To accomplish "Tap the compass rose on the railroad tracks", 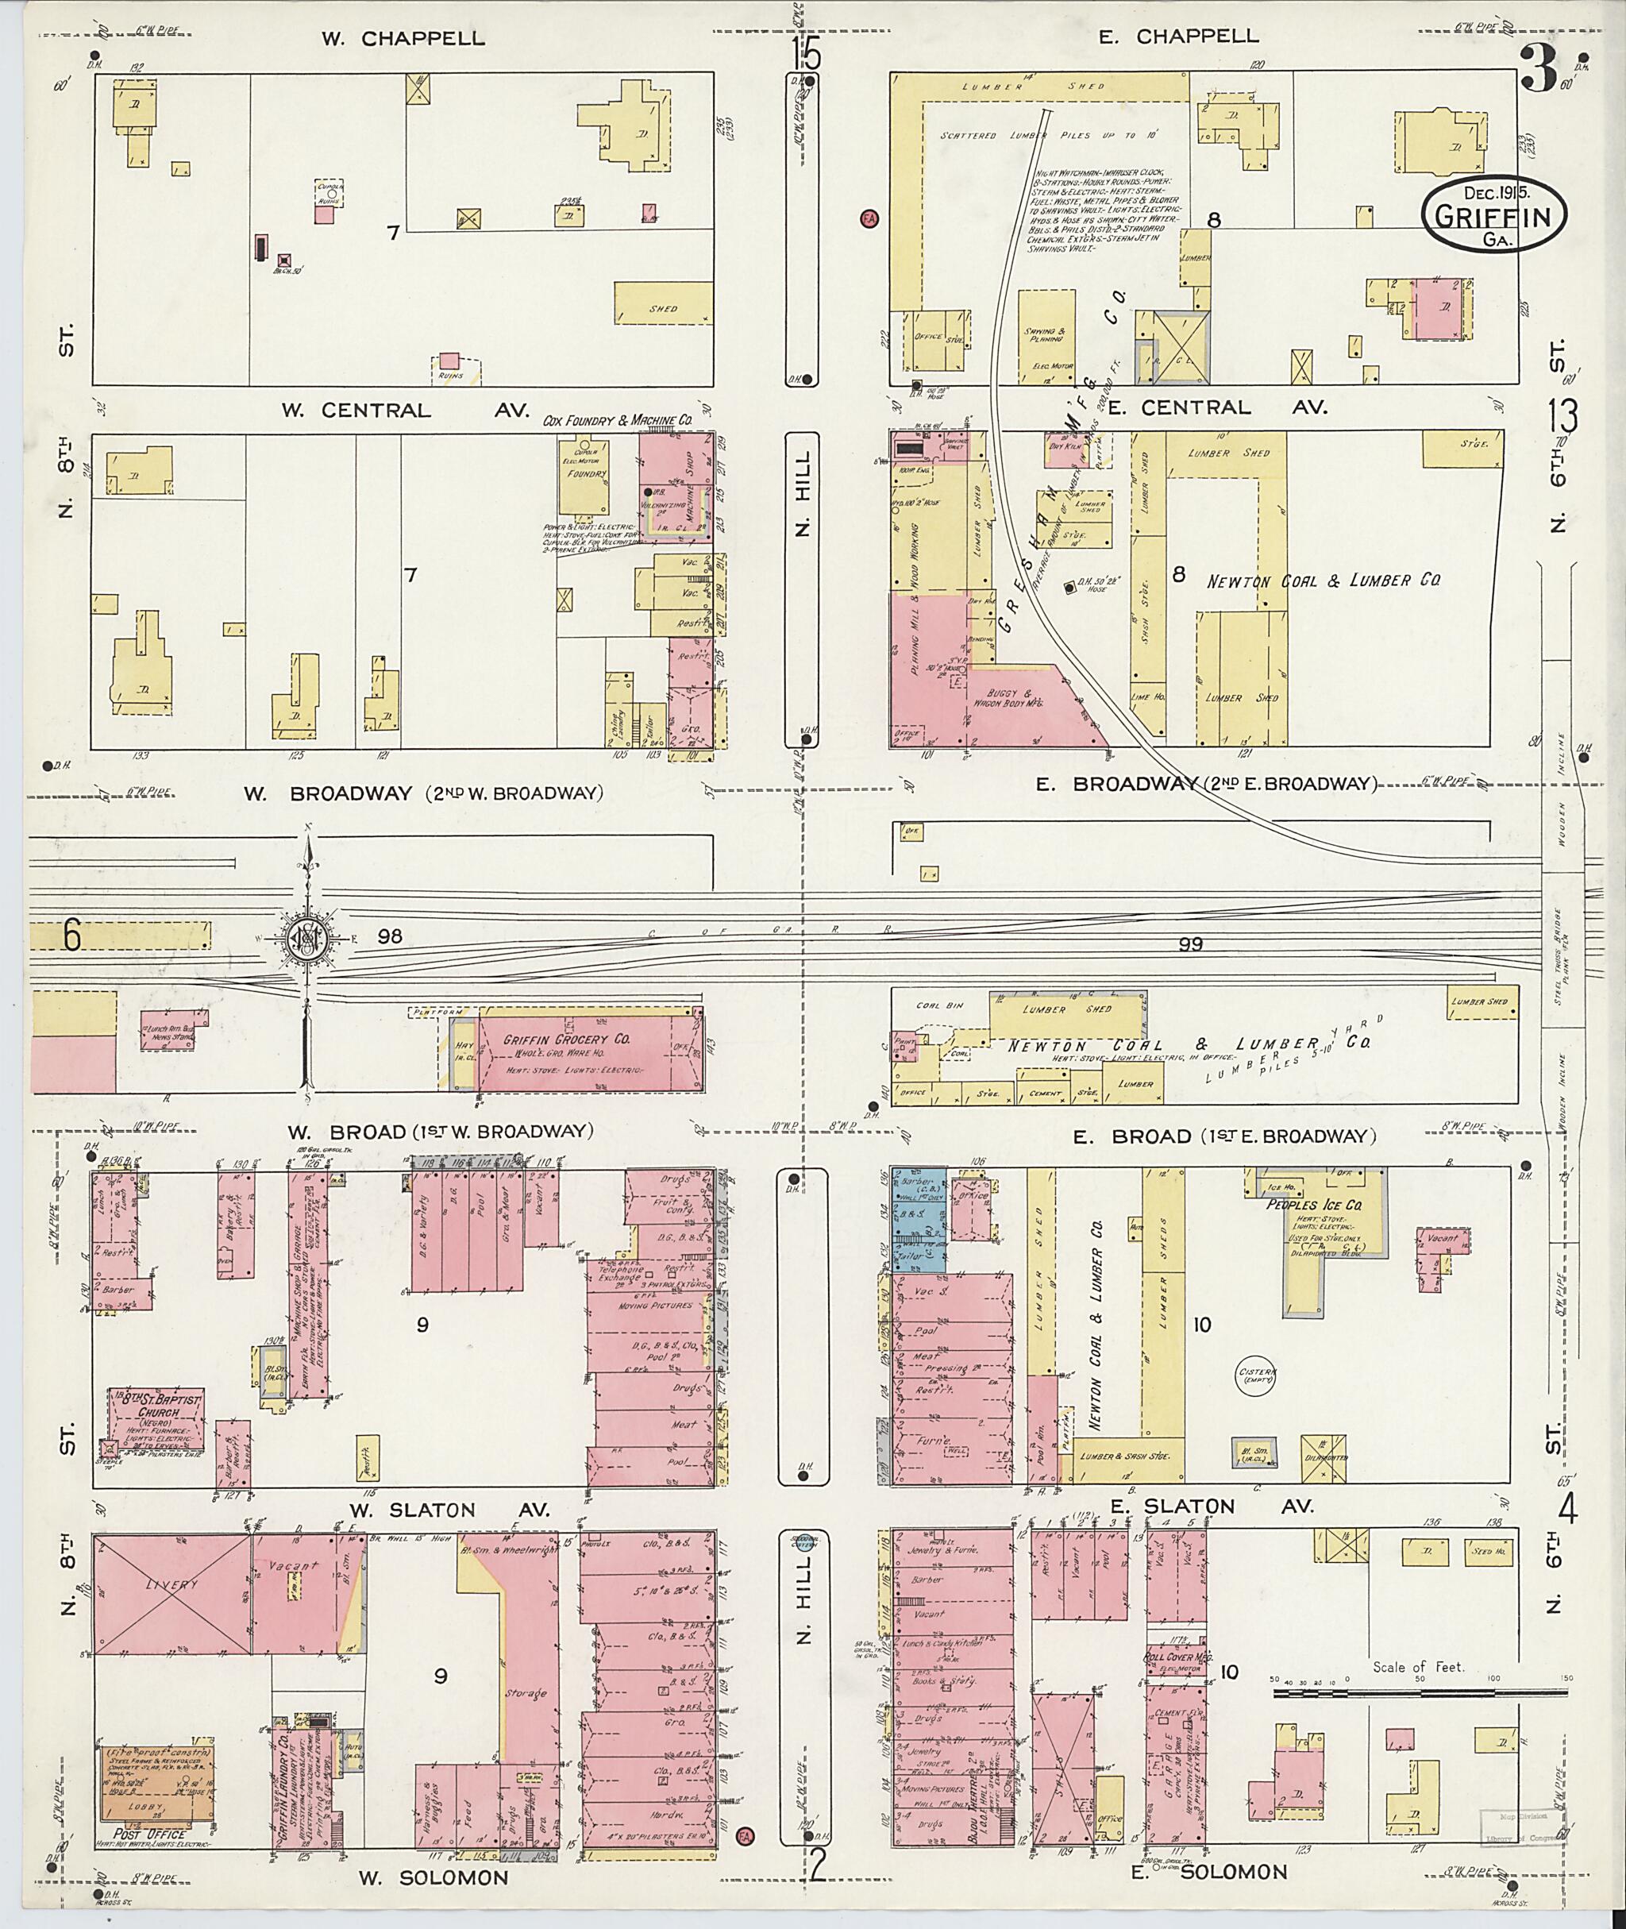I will [307, 939].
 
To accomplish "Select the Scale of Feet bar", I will [1391, 1693].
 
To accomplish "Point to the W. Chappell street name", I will [403, 39].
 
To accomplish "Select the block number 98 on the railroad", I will [389, 936].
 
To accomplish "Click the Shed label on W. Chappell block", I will [662, 308].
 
